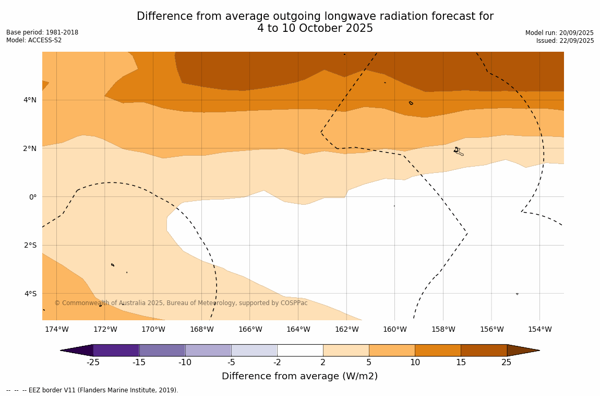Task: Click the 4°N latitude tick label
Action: click(29, 100)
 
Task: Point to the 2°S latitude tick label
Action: click(30, 245)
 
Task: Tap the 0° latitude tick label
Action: click(33, 197)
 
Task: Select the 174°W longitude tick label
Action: click(56, 329)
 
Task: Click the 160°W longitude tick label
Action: click(394, 329)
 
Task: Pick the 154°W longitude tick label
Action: click(539, 329)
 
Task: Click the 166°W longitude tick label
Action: click(250, 329)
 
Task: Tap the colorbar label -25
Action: click(93, 363)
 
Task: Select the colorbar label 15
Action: click(461, 363)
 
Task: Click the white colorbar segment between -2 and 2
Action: click(300, 350)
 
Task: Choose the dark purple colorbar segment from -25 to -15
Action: click(116, 350)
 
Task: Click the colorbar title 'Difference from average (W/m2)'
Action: click(299, 376)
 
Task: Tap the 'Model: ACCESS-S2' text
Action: click(34, 40)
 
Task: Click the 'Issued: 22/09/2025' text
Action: click(565, 41)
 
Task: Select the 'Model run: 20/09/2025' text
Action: click(559, 32)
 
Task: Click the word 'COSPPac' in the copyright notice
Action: click(294, 303)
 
